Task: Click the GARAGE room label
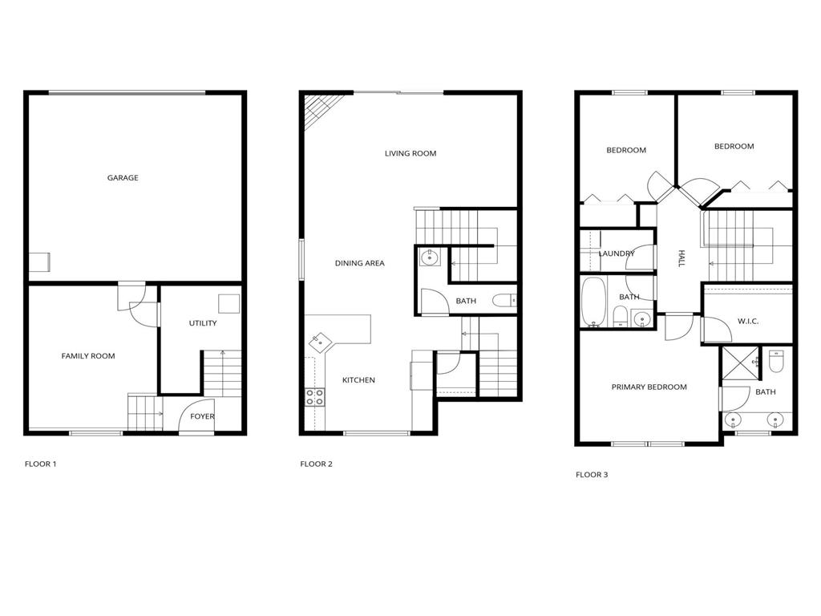123,178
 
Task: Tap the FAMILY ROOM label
88,356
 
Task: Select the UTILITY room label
203,323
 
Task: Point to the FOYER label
202,416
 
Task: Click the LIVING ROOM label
410,153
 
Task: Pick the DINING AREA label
360,263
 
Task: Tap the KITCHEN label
358,380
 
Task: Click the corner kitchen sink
320,341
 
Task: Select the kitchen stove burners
315,395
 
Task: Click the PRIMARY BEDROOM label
649,387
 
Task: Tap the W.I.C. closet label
748,322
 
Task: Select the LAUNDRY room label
617,254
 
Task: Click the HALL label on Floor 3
681,258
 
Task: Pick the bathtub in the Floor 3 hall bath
592,302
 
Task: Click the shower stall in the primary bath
740,362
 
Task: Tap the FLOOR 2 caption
316,464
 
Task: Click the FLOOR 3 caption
592,475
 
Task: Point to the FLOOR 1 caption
41,464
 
